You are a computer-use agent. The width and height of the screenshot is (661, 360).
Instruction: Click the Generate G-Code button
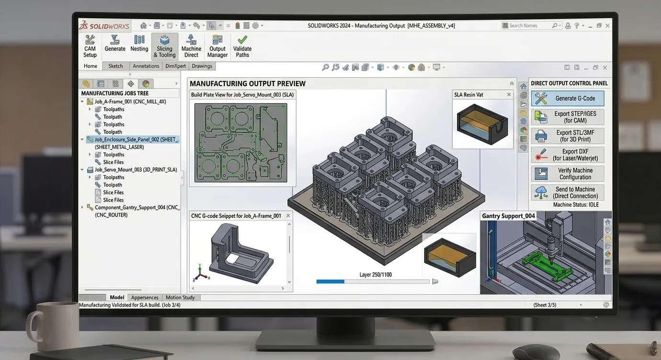[568, 99]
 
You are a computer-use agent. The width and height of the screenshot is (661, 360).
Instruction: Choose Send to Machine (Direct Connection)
[568, 192]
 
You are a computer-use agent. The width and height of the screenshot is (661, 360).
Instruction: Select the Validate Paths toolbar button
[242, 46]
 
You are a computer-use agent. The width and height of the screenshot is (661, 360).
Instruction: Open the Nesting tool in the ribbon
[139, 44]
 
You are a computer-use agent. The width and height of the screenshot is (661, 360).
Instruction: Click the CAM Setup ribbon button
[90, 46]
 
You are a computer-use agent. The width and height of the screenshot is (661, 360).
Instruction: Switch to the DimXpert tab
[176, 66]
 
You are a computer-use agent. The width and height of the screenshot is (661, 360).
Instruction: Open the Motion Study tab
[180, 297]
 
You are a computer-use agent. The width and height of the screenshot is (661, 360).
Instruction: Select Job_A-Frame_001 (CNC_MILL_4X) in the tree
[130, 101]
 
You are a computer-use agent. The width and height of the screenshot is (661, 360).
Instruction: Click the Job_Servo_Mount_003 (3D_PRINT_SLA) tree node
[136, 170]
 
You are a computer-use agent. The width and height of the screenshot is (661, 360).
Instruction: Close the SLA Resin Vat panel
[509, 95]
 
